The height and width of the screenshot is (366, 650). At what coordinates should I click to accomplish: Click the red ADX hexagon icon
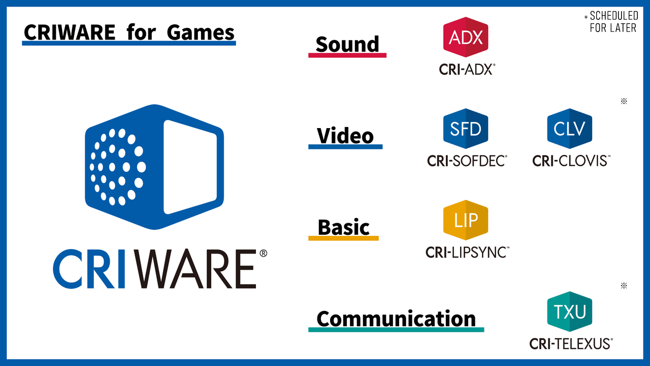[x=466, y=37]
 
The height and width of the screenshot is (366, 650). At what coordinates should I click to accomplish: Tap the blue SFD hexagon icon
[x=466, y=129]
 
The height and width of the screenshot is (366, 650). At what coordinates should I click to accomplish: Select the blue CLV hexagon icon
[x=570, y=129]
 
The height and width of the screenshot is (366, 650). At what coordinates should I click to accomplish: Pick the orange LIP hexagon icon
[x=466, y=220]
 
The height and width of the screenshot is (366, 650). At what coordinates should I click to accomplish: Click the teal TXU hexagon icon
[x=570, y=312]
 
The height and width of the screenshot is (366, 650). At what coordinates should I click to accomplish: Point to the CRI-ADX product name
[x=467, y=70]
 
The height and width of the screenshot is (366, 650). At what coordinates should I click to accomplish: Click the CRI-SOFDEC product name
[x=467, y=161]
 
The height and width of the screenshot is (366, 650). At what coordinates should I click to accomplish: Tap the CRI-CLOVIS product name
[x=571, y=161]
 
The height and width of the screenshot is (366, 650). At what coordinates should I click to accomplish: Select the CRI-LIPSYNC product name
[x=467, y=252]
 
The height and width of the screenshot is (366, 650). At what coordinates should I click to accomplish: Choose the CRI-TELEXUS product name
[x=571, y=344]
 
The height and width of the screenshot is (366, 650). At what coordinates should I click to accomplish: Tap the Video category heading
[x=345, y=136]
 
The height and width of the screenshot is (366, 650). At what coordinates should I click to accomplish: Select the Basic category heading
[x=344, y=227]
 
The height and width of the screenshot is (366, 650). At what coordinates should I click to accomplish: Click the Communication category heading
[x=396, y=319]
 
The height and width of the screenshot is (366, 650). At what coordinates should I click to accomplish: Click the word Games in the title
[x=201, y=32]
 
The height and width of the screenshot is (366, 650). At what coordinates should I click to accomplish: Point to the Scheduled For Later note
[x=611, y=21]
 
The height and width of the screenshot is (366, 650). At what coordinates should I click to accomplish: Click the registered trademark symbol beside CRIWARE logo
[x=263, y=253]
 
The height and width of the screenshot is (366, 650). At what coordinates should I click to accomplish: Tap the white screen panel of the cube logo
[x=190, y=167]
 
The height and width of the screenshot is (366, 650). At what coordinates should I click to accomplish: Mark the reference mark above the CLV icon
[x=624, y=101]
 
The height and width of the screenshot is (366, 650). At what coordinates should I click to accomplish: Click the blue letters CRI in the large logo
[x=89, y=269]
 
